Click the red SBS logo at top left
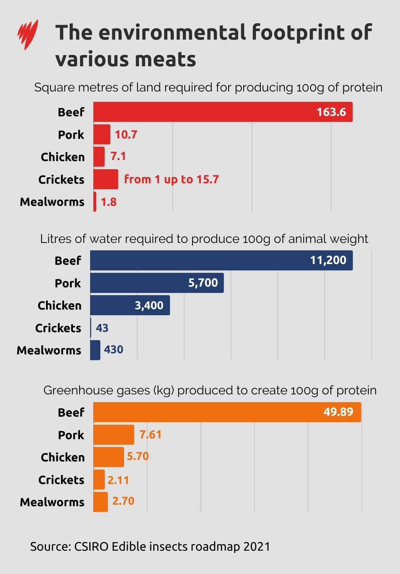(28, 34)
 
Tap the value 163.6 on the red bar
(331, 112)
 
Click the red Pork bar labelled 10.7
(101, 134)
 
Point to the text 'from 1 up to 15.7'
(171, 180)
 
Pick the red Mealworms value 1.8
(109, 202)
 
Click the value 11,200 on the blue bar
(328, 260)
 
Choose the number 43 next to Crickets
(102, 328)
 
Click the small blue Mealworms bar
(95, 350)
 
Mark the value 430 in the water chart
(113, 350)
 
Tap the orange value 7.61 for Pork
(150, 434)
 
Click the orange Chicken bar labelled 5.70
(108, 457)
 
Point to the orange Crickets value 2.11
(118, 480)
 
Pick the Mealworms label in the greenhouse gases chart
(52, 502)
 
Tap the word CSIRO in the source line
(91, 547)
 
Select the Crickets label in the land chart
(61, 180)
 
